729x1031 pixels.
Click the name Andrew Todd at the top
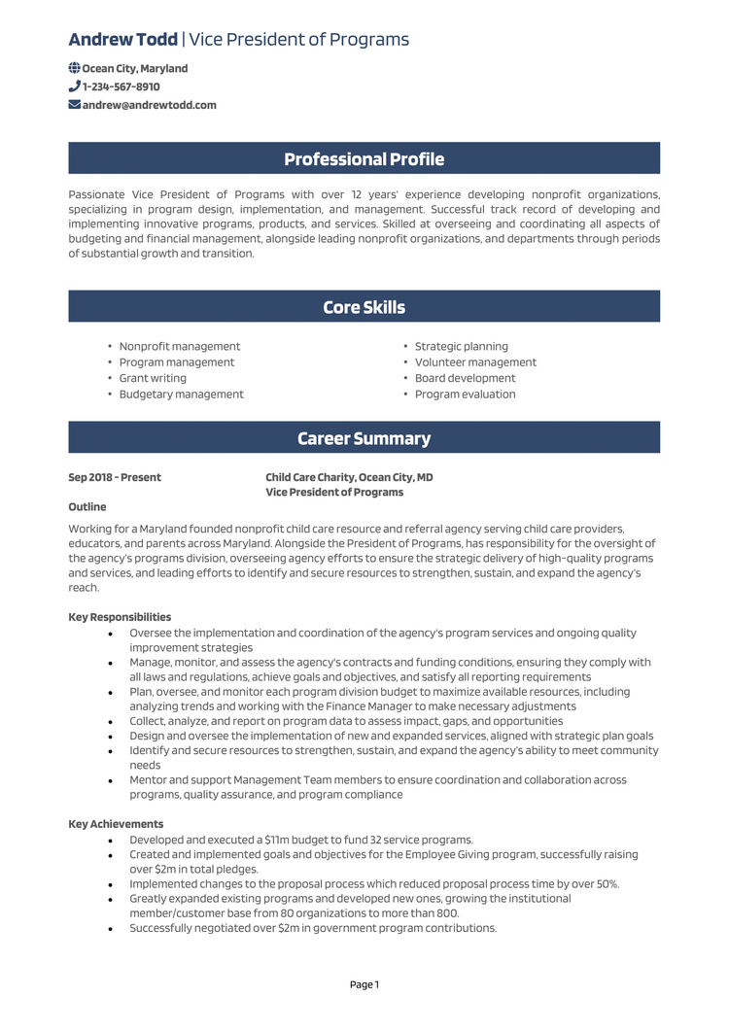(123, 40)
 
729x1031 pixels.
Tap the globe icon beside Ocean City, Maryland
(75, 69)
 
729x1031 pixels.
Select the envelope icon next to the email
(75, 105)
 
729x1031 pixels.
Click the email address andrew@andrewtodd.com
(149, 105)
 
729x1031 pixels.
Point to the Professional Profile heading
(364, 159)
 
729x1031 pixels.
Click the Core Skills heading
(364, 307)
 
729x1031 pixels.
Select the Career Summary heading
(364, 438)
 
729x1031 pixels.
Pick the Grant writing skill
(153, 378)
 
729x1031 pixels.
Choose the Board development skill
(465, 378)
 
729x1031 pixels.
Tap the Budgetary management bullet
(181, 395)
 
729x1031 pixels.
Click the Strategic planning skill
(461, 347)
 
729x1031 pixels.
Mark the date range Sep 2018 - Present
(115, 477)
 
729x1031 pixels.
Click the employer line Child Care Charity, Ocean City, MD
(349, 477)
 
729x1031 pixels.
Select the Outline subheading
(87, 507)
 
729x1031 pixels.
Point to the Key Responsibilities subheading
(120, 617)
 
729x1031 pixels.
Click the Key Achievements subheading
(116, 824)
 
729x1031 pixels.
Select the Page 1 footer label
(364, 984)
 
